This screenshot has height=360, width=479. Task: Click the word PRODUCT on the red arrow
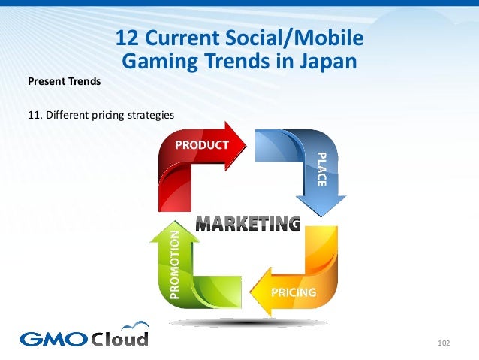[202, 144]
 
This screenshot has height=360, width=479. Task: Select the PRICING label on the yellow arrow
[294, 292]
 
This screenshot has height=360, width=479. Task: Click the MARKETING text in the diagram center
[248, 223]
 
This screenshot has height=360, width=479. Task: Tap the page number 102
[442, 343]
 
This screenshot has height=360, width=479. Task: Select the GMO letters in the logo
[53, 338]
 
